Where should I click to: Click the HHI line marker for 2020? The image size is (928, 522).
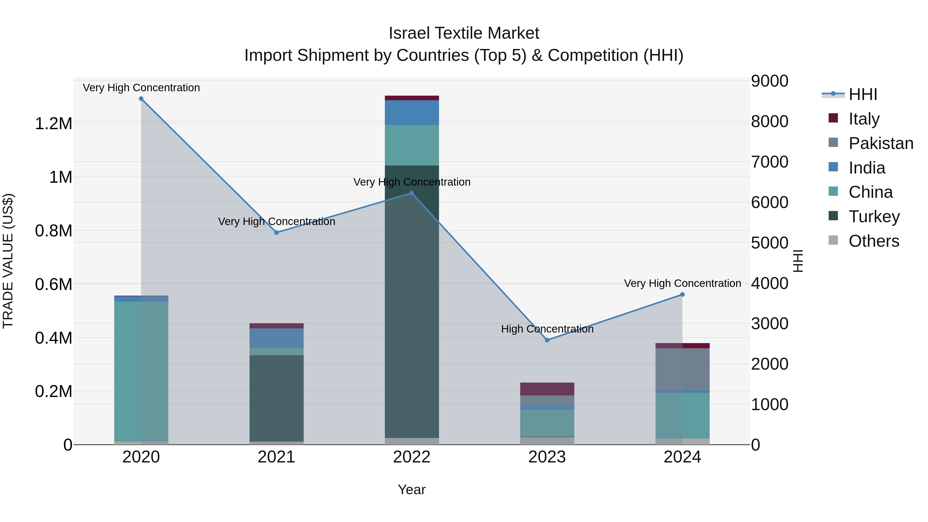pos(141,99)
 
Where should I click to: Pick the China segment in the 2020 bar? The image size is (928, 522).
pos(141,371)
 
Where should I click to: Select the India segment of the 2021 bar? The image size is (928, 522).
pos(276,338)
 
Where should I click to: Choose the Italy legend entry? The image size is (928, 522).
pos(864,119)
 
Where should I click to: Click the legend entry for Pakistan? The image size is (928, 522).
pos(881,143)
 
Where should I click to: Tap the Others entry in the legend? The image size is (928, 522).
pos(873,241)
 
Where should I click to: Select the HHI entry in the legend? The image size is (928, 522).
pos(863,94)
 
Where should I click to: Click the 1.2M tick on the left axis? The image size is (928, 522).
pos(53,123)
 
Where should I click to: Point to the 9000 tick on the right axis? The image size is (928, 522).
pos(769,81)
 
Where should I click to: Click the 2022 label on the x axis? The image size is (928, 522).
pos(412,457)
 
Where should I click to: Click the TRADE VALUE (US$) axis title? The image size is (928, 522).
pos(8,261)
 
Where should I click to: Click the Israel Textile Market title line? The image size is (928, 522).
pos(464,33)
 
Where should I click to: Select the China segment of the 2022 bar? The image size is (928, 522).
pos(412,145)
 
